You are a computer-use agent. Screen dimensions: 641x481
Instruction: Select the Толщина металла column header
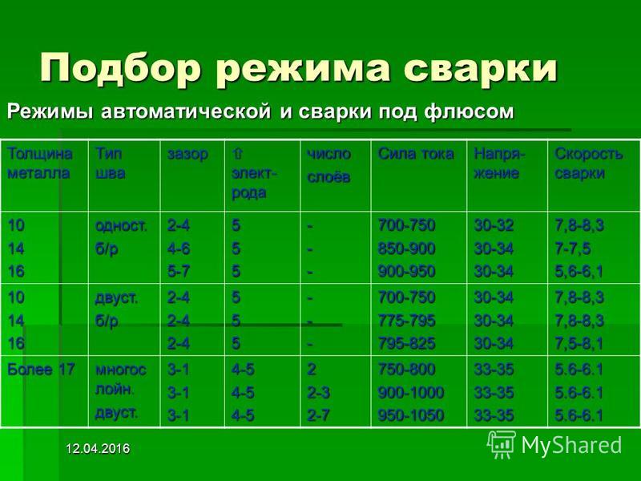(40, 164)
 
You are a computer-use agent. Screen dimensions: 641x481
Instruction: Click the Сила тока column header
(416, 154)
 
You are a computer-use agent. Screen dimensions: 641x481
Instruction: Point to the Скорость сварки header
(589, 164)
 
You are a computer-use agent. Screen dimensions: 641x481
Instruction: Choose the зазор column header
(187, 155)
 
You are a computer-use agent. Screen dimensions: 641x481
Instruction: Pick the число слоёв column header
(329, 165)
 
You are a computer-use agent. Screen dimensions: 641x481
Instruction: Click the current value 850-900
(406, 249)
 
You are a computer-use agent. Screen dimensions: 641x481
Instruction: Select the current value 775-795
(406, 320)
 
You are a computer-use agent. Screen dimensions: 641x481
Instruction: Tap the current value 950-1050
(411, 415)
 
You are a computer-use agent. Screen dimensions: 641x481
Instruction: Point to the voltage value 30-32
(494, 225)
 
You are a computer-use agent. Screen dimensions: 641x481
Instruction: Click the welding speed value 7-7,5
(572, 249)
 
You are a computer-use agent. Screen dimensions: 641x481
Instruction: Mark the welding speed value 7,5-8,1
(579, 344)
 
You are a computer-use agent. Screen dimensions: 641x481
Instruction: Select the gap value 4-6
(179, 249)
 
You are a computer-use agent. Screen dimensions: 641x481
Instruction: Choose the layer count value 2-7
(318, 415)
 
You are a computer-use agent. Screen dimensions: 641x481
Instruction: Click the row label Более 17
(41, 370)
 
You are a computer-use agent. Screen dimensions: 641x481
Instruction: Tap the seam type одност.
(121, 226)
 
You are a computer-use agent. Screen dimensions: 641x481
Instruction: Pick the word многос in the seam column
(121, 370)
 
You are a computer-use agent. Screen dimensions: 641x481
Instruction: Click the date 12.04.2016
(98, 449)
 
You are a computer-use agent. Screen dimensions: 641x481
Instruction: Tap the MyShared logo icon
(501, 445)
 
